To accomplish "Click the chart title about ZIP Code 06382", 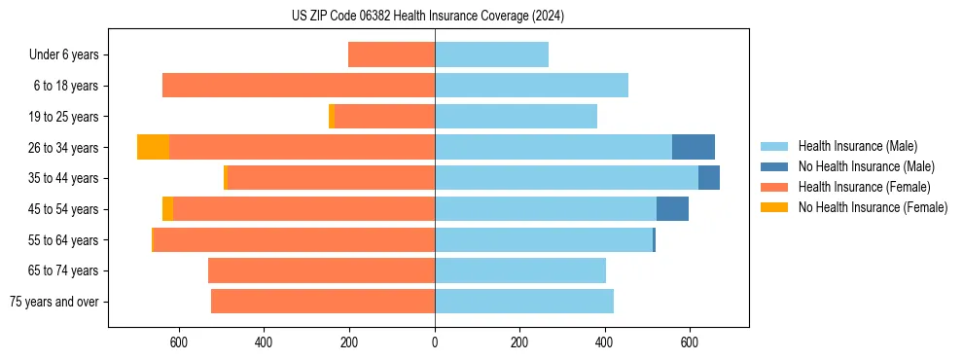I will [x=428, y=16].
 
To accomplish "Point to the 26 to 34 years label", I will [x=63, y=148].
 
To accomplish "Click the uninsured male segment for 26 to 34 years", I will [x=693, y=147].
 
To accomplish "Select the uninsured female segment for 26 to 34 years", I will [x=153, y=147].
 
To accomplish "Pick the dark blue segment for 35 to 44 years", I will [x=709, y=178].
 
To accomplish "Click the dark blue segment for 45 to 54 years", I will [x=672, y=209].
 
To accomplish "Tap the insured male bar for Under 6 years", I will [x=491, y=54].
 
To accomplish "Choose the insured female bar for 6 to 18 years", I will [x=298, y=86].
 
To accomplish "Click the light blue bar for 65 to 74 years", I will [x=520, y=270].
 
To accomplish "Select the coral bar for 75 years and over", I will [x=323, y=302].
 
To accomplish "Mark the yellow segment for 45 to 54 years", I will [x=167, y=209].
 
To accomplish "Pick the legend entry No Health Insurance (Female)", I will [x=873, y=207].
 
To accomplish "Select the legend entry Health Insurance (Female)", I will [x=863, y=187].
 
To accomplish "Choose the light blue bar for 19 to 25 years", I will [x=516, y=117].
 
